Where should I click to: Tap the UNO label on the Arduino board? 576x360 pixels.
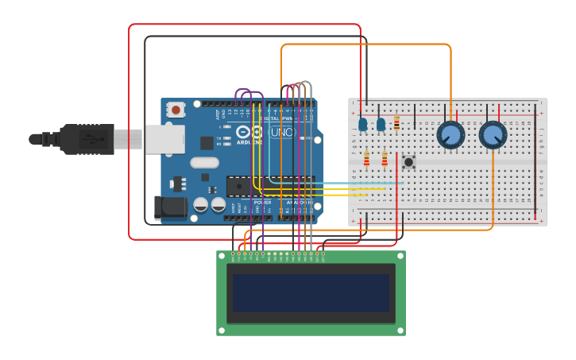tap(282, 132)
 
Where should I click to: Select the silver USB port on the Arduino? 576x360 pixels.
tap(164, 139)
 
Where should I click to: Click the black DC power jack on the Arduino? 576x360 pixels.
tap(171, 208)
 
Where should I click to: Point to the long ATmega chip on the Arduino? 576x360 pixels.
tap(270, 185)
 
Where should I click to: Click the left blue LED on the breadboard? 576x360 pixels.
tap(363, 124)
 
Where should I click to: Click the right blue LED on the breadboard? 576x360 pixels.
tap(381, 124)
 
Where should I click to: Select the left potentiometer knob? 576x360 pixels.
tap(450, 135)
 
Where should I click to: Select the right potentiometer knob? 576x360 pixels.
tap(493, 135)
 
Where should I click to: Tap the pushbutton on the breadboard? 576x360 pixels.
tap(408, 162)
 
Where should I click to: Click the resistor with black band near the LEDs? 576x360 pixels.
tap(396, 123)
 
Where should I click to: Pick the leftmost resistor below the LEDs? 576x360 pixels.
tap(366, 161)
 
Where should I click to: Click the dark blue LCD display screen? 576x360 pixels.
tap(311, 293)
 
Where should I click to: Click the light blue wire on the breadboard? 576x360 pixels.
tap(358, 183)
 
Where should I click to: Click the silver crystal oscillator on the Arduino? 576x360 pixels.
tap(204, 163)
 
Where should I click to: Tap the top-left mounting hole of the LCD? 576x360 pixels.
tap(222, 256)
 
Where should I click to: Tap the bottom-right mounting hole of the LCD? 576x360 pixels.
tap(400, 331)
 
